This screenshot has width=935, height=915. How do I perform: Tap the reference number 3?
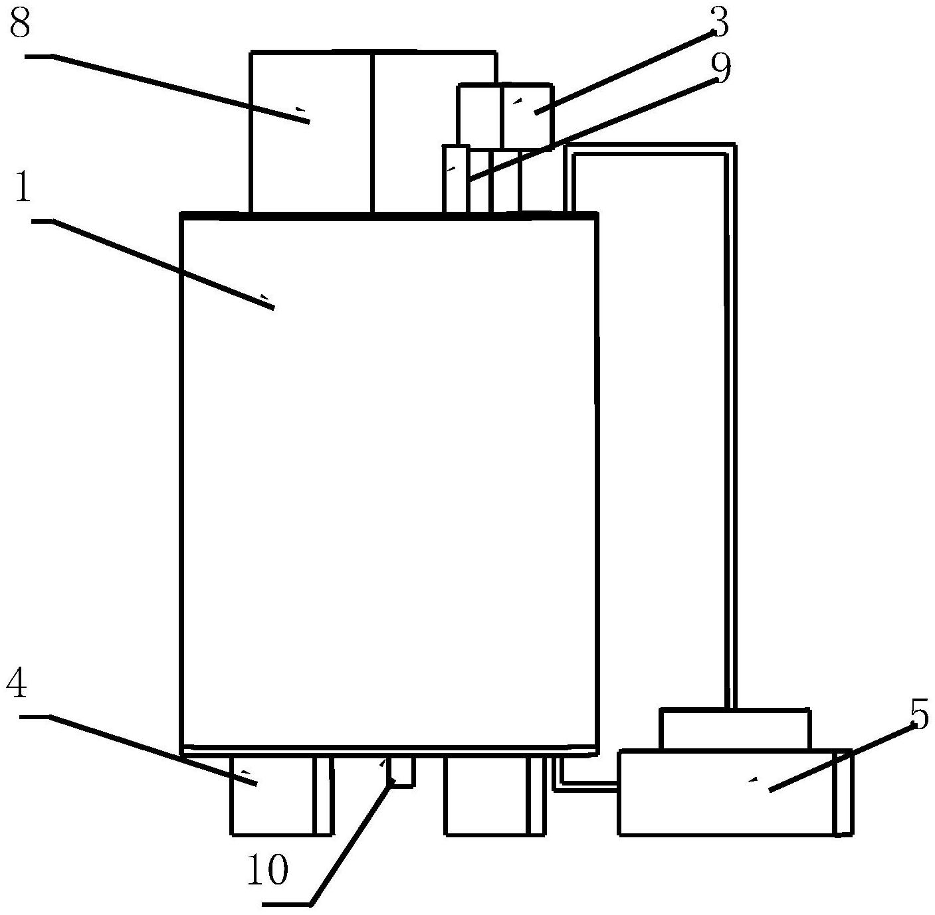pyautogui.click(x=720, y=23)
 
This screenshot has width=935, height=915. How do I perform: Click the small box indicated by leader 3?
pyautogui.click(x=526, y=116)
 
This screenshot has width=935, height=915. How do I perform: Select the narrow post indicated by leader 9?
pyautogui.click(x=456, y=179)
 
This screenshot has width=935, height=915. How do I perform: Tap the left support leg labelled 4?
pyautogui.click(x=282, y=794)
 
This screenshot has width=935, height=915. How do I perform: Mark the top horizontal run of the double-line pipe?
pyautogui.click(x=650, y=148)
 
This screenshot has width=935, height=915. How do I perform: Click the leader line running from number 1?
pyautogui.click(x=153, y=264)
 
